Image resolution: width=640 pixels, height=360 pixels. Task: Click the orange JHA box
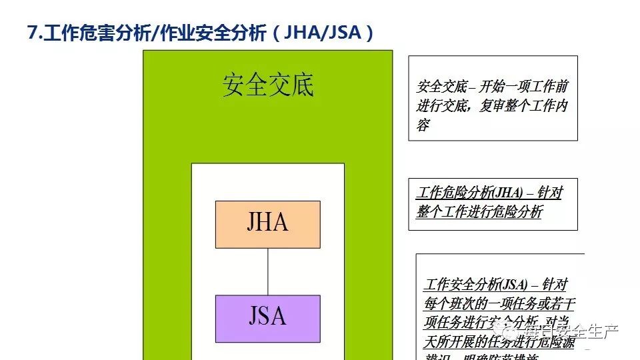pos(267,224)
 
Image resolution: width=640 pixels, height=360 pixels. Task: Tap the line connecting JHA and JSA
pos(267,271)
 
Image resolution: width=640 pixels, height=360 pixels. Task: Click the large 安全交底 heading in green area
pos(267,85)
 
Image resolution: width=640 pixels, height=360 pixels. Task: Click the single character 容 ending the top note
pos(423,124)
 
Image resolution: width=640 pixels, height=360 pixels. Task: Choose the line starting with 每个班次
pos(499,303)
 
